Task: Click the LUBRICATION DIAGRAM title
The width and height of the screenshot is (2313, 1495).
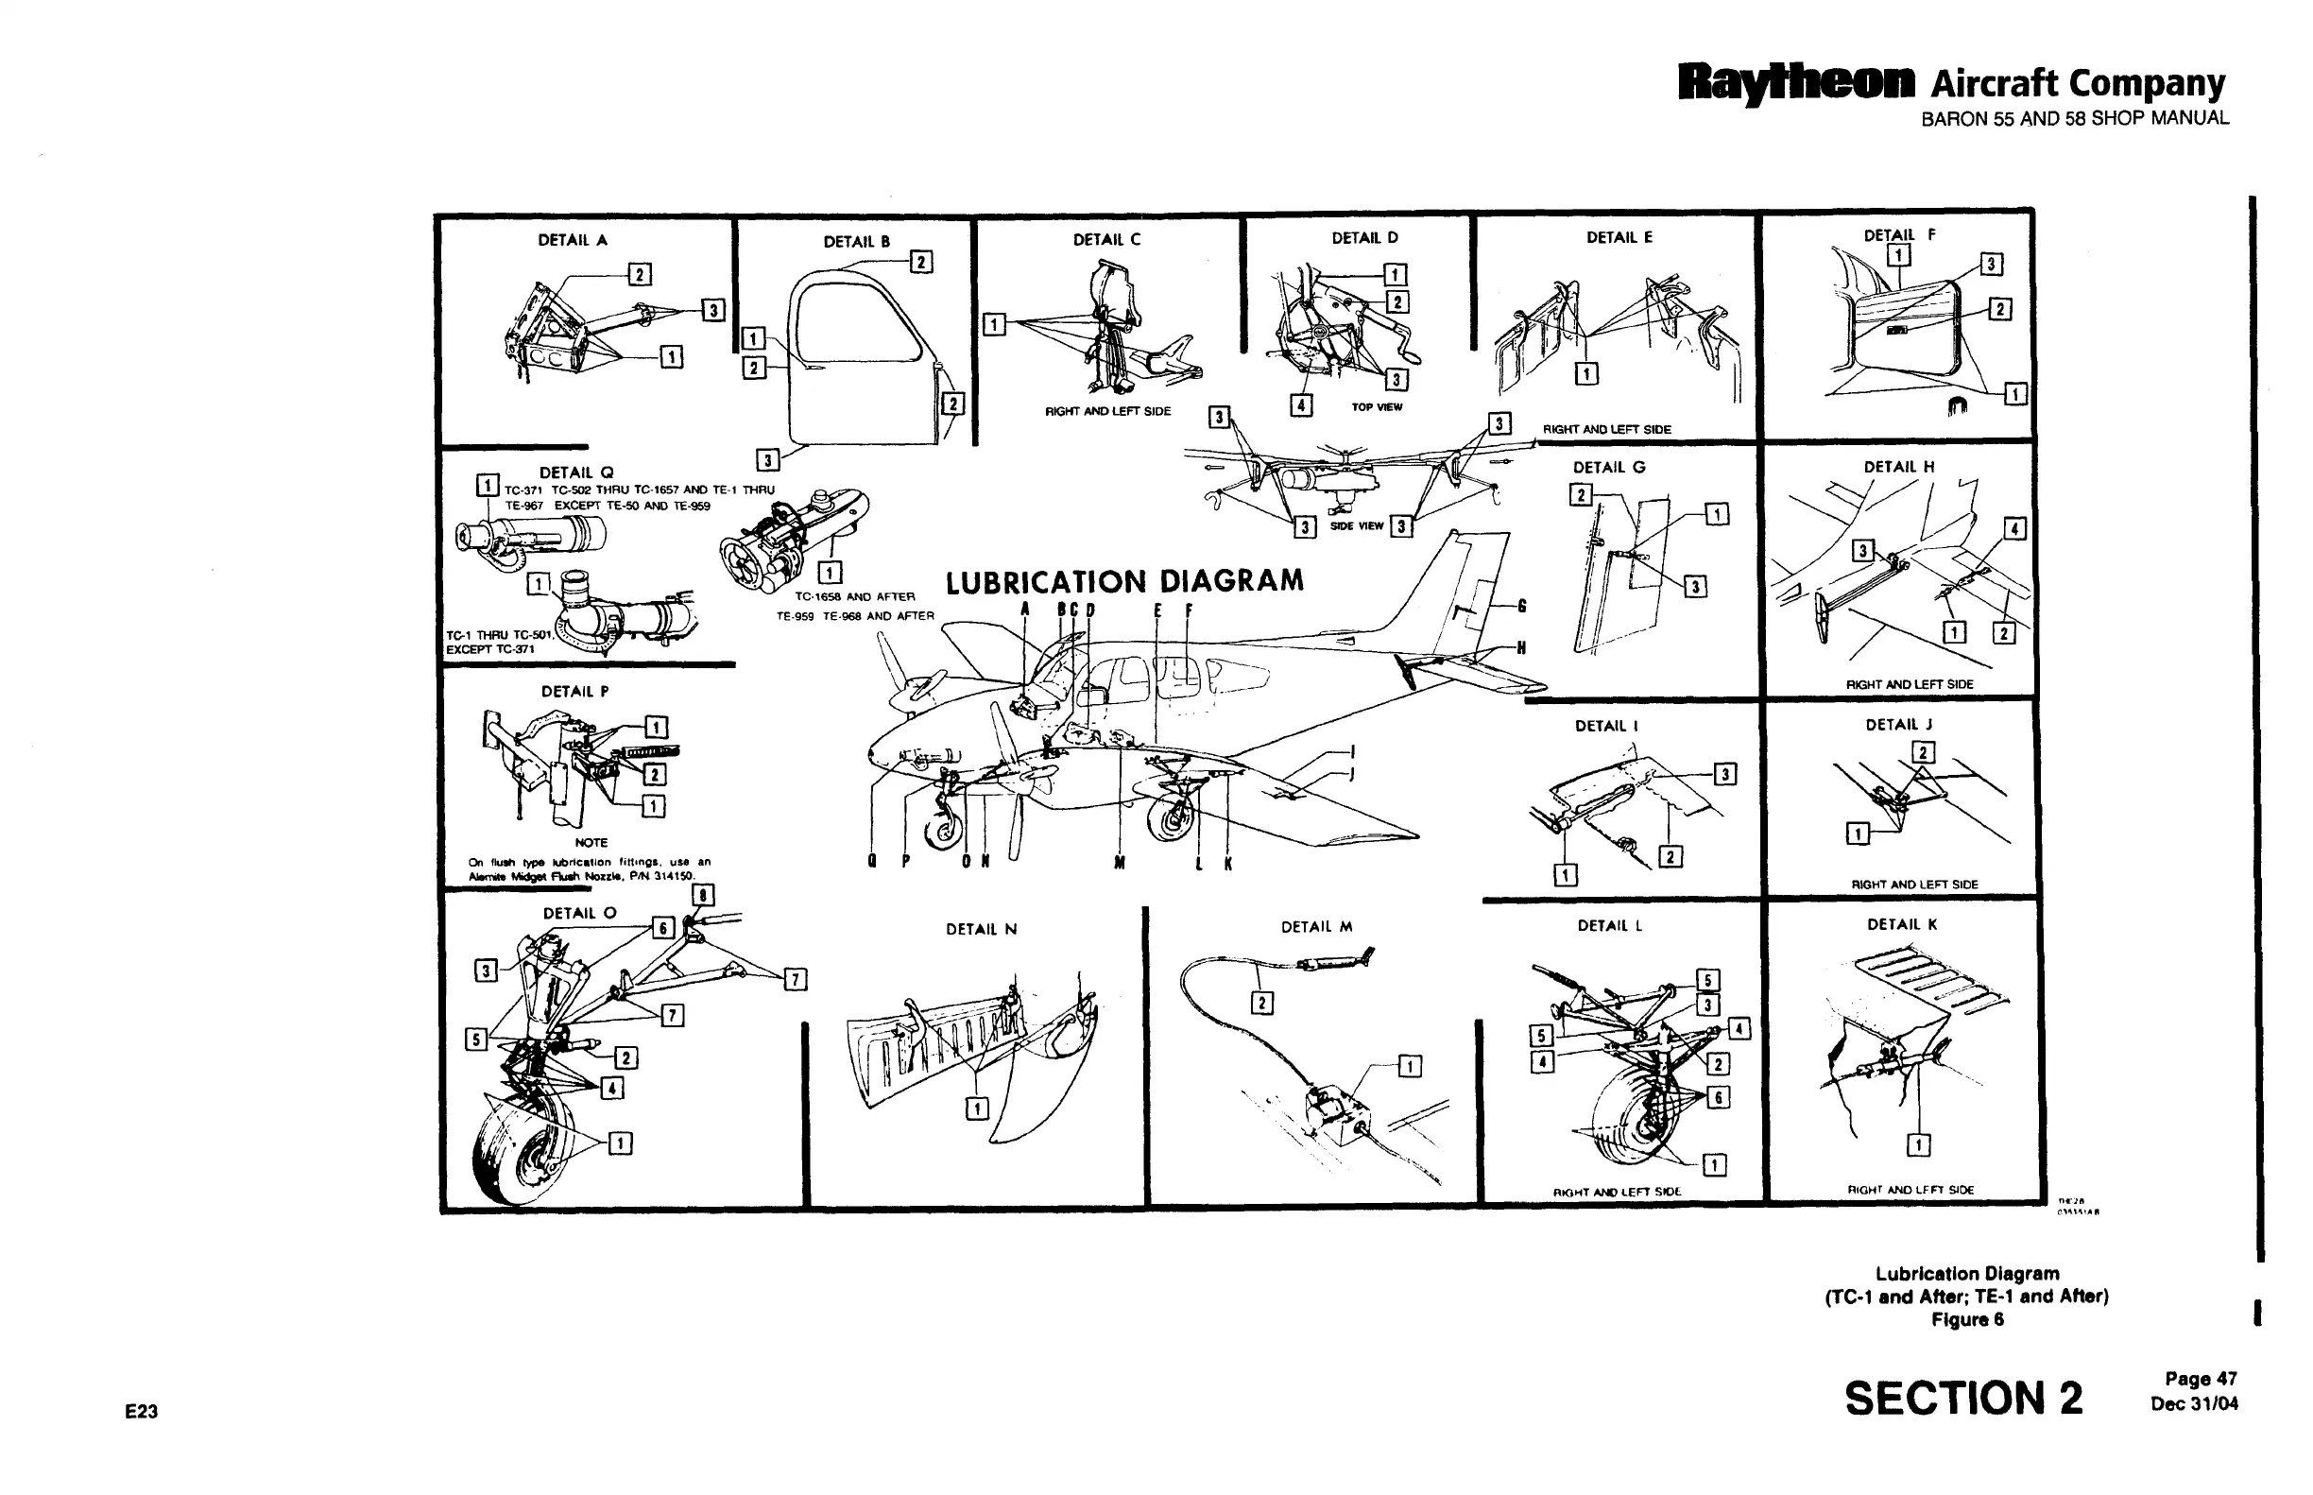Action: pos(1124,581)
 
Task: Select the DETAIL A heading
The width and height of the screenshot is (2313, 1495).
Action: pos(573,240)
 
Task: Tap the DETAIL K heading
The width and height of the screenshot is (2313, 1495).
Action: pos(1901,924)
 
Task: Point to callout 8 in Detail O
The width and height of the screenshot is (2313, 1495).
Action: pos(703,895)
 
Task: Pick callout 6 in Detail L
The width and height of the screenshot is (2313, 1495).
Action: pos(1718,1097)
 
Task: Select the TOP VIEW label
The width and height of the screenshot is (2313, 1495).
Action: pos(1377,407)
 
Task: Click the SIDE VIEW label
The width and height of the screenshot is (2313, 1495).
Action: pos(1356,526)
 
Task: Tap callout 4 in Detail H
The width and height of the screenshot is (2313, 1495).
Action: pos(2015,529)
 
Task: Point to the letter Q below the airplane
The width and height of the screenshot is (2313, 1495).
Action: pos(871,862)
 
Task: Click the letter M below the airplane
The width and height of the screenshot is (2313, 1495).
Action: pos(1119,862)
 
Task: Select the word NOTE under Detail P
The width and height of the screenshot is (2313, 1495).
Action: pos(591,843)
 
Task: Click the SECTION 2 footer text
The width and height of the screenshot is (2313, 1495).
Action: pos(1962,1399)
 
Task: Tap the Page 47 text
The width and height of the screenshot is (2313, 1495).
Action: pos(2201,1379)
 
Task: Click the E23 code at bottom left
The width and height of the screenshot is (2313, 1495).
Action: pos(142,1412)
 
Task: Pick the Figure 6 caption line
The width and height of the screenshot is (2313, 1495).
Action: pos(1966,1319)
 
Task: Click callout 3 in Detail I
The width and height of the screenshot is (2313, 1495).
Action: pos(1724,774)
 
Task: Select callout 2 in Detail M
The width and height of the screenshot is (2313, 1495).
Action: pos(1261,1003)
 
